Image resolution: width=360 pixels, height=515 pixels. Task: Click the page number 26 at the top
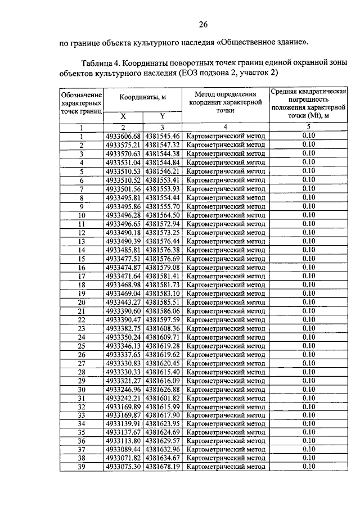(x=203, y=24)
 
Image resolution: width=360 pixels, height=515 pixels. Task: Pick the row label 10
(x=82, y=215)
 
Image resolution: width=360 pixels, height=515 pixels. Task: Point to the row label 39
(x=82, y=466)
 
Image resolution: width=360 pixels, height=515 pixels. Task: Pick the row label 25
(x=82, y=345)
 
